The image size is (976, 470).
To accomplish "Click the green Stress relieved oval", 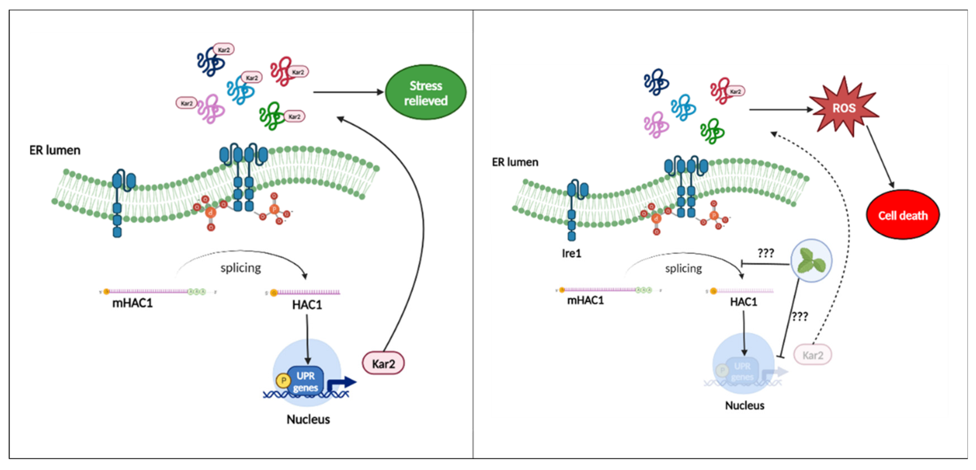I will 426,93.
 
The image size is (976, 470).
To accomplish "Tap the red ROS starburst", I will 844,108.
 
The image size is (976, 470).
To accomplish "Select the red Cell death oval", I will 903,215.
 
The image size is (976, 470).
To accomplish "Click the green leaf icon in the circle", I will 811,261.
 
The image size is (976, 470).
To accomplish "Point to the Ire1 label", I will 571,253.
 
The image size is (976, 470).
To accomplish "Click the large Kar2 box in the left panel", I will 383,363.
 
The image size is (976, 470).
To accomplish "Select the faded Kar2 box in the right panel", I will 812,355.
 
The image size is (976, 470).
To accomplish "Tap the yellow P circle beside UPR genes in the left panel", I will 283,380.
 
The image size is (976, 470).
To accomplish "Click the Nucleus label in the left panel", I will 308,419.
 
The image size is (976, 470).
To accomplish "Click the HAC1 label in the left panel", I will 307,305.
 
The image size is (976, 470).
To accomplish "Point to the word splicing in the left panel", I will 241,268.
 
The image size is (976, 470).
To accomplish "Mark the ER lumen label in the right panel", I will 515,162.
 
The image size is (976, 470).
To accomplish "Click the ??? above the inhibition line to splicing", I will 765,253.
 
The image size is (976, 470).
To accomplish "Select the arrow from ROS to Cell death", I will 880,157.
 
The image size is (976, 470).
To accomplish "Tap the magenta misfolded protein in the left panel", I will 211,109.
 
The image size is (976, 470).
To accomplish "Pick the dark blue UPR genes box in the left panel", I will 305,381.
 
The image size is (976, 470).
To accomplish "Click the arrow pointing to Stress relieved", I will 348,92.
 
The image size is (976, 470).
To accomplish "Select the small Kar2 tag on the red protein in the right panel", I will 735,91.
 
